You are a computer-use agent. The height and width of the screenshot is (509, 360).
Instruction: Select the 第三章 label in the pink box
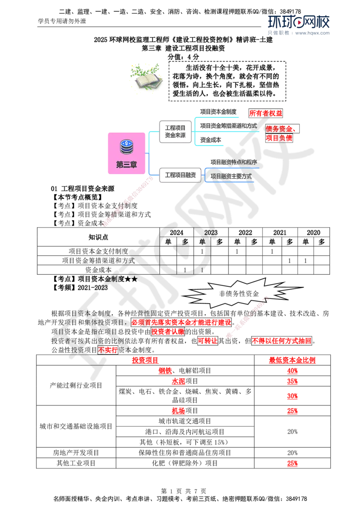pos(126,165)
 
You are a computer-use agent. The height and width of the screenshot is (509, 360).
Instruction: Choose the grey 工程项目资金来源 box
pos(175,131)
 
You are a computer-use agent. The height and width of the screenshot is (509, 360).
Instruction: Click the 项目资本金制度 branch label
pos(218,111)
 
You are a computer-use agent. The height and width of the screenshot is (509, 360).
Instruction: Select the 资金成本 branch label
pos(211,140)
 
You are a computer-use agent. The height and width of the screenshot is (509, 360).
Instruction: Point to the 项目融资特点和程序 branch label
pos(233,161)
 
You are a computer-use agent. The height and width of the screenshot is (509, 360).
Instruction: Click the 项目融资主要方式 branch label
pos(231,176)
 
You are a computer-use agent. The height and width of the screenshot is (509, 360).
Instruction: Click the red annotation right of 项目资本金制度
pos(265,113)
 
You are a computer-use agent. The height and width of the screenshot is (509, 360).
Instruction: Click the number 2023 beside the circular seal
pos(211,233)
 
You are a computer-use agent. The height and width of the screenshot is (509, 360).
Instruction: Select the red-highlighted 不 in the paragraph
pos(101,349)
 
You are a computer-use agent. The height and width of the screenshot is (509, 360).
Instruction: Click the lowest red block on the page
pos(292,464)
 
